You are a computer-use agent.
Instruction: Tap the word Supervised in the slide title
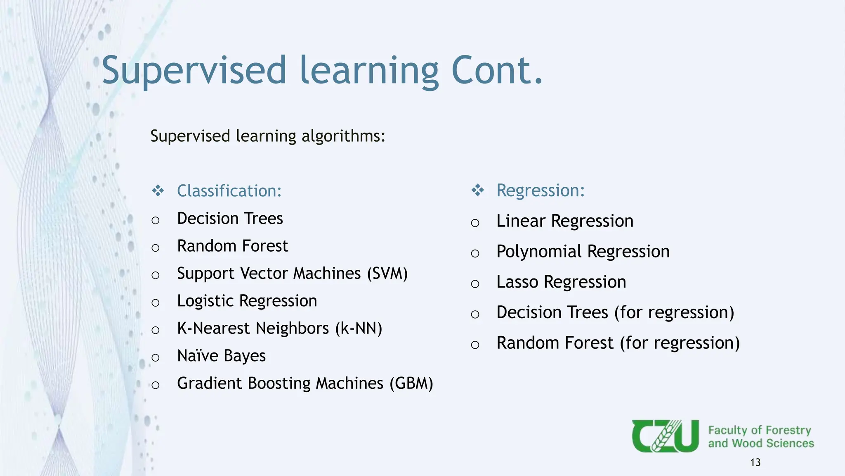194,71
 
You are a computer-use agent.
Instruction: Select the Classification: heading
229,191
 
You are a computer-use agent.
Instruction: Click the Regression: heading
541,190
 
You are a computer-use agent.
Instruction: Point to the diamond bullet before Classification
158,191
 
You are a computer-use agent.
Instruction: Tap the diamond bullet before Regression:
477,190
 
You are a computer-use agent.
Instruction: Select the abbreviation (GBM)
411,383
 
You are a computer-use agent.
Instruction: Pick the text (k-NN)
359,328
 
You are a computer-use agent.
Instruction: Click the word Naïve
198,356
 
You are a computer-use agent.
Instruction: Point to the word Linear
521,221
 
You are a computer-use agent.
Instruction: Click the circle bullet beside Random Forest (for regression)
475,345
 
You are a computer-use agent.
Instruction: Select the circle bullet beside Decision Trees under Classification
156,220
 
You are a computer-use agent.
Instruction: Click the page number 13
755,462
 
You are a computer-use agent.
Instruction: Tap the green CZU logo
665,436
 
